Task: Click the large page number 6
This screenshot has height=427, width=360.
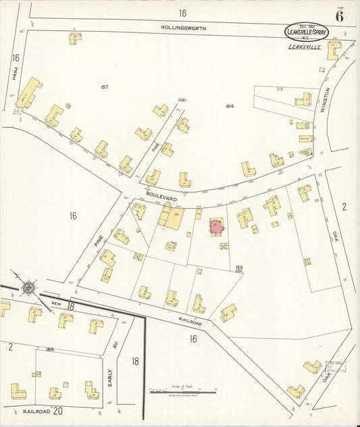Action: click(339, 16)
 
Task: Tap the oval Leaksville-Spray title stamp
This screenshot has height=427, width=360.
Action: click(307, 32)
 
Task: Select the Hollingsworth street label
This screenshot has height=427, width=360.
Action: click(184, 28)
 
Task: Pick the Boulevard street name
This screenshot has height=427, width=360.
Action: click(161, 195)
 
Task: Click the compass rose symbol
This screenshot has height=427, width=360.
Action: click(28, 288)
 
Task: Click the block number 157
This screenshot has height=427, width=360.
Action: click(104, 86)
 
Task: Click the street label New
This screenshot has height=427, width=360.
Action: click(56, 305)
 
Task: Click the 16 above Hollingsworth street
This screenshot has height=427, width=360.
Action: click(182, 13)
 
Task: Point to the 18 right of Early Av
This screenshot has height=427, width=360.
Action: click(135, 361)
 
